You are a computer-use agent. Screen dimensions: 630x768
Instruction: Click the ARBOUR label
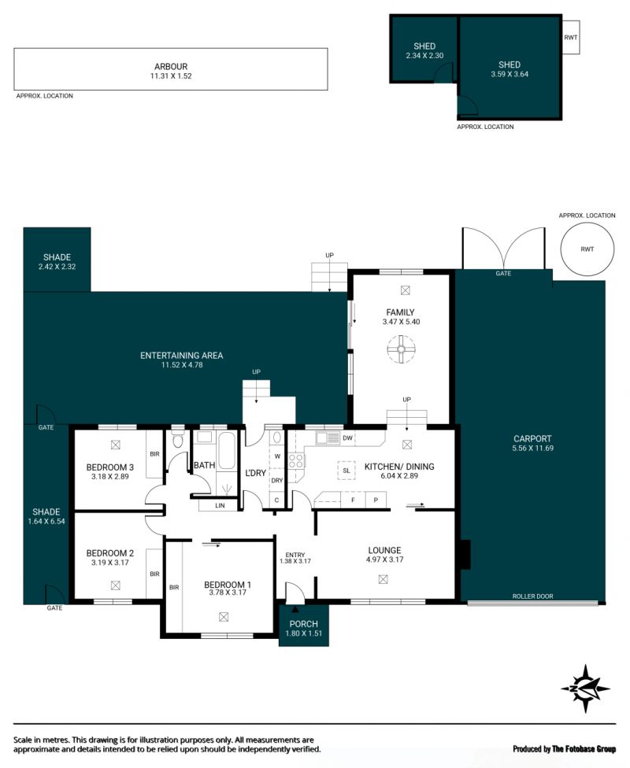171,67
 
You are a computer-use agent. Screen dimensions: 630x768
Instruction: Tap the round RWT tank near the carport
587,249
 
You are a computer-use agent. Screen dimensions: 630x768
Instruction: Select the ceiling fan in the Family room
401,349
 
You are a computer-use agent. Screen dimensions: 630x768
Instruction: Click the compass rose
585,689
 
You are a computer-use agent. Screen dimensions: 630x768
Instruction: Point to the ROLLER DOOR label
532,596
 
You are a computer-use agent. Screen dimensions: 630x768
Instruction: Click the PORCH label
303,624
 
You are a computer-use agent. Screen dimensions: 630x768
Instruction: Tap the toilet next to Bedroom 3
177,440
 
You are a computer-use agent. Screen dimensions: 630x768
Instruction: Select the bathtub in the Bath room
227,451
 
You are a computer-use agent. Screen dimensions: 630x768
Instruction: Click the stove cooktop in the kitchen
296,461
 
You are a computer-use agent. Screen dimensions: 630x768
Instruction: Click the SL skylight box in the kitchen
346,471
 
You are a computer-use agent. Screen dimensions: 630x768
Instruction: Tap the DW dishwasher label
347,438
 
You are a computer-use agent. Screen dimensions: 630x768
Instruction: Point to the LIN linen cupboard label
220,505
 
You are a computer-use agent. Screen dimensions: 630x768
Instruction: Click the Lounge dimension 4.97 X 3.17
384,559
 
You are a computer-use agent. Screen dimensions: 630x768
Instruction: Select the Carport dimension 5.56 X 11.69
533,449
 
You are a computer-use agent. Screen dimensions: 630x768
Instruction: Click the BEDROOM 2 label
109,553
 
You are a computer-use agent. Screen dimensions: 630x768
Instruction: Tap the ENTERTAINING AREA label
181,356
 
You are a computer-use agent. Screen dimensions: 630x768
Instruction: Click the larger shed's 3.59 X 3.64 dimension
510,75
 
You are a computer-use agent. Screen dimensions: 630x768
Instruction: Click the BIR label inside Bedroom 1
174,587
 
